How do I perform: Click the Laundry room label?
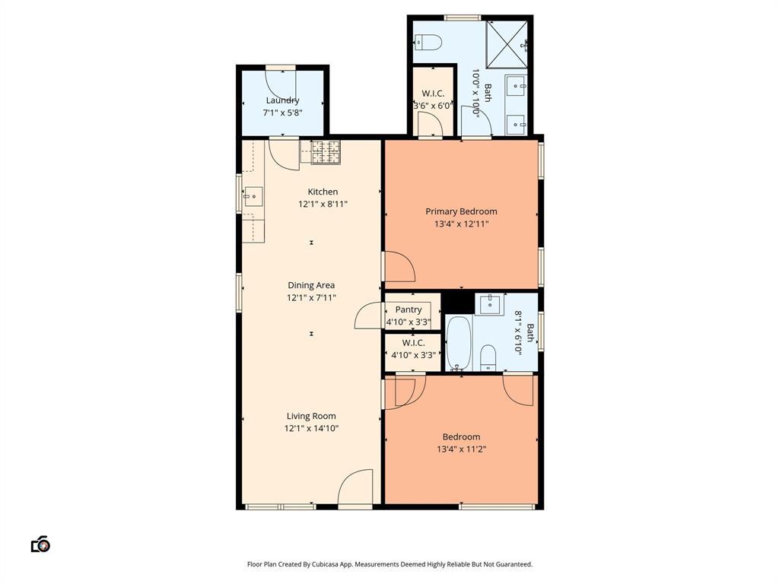(282, 100)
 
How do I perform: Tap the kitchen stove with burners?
(325, 151)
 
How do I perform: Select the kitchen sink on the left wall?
(253, 198)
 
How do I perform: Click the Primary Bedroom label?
(461, 211)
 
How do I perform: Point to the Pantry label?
(409, 309)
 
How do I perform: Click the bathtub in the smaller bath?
(459, 343)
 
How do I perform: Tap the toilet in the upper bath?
(429, 43)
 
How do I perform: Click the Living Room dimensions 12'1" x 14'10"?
(311, 428)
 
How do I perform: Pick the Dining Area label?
(311, 285)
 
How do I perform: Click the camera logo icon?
(40, 544)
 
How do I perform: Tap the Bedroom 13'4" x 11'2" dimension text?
(461, 449)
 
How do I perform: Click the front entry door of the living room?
(355, 488)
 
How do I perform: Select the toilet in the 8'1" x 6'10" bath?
(488, 357)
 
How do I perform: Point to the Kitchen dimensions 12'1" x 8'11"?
(323, 204)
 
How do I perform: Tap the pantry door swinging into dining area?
(368, 316)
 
